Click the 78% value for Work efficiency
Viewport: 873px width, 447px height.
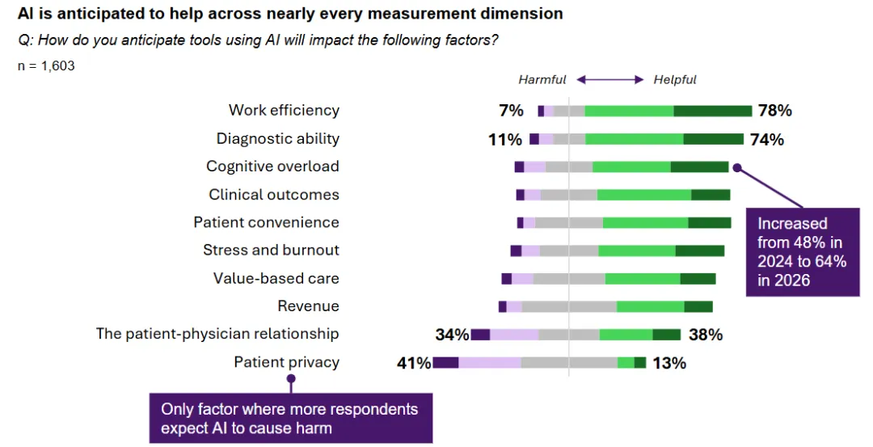tap(774, 111)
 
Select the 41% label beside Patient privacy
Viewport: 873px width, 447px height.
tap(413, 363)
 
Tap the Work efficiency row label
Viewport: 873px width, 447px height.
tap(284, 111)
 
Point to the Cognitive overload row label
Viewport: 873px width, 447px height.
tap(272, 167)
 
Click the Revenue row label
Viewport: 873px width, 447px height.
tap(308, 306)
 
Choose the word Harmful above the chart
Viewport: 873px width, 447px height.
tap(542, 80)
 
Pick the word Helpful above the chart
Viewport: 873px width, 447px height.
tap(675, 80)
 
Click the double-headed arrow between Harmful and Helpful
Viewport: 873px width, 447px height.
tap(609, 80)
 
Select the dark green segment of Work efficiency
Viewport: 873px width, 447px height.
tap(712, 111)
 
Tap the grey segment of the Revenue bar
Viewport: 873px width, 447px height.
tap(569, 306)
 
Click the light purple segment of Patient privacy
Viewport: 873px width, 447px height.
tap(489, 363)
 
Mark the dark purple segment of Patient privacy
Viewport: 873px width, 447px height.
tap(445, 363)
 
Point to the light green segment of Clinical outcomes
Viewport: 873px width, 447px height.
tap(644, 195)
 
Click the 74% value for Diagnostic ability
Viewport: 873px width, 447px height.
tap(767, 139)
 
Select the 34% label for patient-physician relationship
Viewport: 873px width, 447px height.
tap(452, 335)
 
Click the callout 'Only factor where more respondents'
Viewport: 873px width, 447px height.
tap(289, 418)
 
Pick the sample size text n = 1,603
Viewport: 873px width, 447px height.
tap(46, 66)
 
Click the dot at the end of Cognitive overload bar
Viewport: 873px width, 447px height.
tap(736, 168)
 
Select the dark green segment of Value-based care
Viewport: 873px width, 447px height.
tap(698, 279)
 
